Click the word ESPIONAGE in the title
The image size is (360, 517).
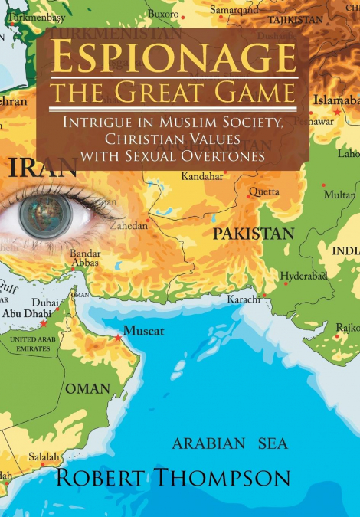172,59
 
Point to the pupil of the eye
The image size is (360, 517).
45,215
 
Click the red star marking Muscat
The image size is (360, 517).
117,338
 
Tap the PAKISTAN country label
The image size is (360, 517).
254,233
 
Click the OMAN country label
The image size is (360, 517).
87,388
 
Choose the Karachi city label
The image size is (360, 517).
244,299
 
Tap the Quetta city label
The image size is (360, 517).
264,191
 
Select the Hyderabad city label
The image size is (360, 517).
303,276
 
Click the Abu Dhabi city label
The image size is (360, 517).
27,312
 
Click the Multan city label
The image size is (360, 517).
339,195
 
